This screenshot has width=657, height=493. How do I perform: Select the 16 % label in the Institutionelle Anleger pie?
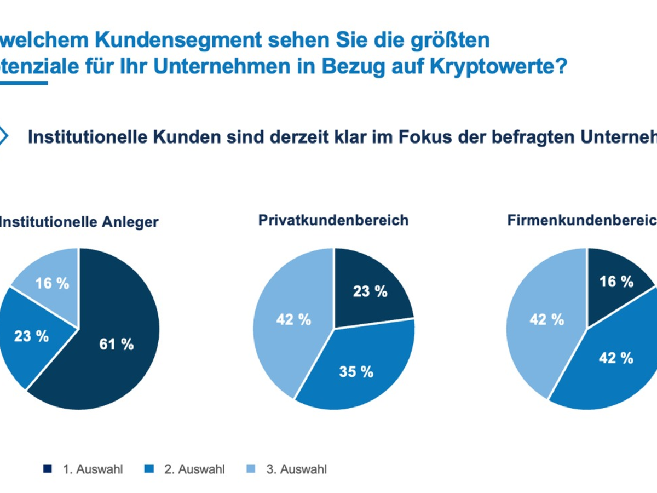tap(52, 283)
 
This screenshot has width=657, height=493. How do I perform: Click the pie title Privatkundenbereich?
tap(333, 220)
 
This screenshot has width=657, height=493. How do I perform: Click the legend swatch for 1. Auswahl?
tap(48, 469)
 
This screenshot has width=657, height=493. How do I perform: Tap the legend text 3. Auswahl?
tap(297, 469)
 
